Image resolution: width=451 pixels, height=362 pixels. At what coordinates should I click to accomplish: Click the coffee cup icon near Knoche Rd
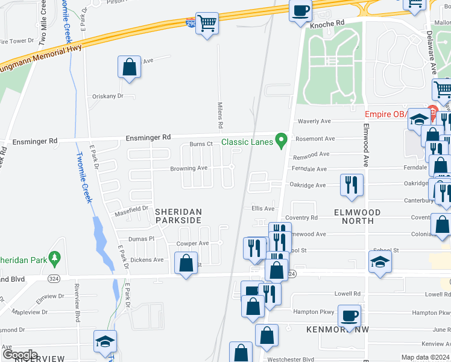click(300, 10)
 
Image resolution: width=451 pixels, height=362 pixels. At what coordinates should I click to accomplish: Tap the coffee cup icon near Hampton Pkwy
click(348, 314)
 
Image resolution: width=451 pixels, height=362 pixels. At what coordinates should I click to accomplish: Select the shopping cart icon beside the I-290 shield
click(207, 24)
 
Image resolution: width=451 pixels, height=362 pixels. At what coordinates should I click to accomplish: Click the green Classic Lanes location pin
click(280, 141)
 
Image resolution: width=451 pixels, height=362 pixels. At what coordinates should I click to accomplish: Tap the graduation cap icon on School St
click(380, 262)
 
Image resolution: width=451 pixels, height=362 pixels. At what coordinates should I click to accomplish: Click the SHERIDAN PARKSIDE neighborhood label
click(178, 217)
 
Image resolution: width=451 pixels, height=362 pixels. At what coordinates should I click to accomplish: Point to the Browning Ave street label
click(189, 168)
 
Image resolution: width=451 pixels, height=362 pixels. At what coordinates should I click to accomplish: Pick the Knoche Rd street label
click(327, 24)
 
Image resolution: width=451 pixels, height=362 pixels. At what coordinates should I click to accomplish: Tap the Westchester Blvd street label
click(291, 358)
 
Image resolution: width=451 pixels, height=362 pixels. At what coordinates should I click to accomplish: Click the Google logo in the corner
click(20, 355)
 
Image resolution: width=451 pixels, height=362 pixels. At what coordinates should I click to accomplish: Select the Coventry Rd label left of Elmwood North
click(301, 218)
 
